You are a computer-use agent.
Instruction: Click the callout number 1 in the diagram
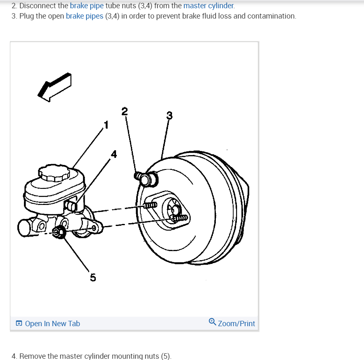(106, 124)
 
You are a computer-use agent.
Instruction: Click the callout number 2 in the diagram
(125, 111)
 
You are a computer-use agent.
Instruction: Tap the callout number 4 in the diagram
(114, 155)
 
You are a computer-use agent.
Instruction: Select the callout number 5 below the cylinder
(93, 278)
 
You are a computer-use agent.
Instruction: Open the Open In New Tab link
(52, 324)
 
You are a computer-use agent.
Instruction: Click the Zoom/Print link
(236, 324)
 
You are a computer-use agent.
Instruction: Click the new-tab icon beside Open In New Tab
(19, 324)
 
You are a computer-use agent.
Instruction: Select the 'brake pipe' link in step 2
(87, 6)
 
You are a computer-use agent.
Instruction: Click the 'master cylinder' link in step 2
(208, 6)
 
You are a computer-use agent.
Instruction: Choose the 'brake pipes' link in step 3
(85, 16)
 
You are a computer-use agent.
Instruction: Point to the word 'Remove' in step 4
(31, 356)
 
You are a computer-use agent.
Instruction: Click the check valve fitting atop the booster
(147, 178)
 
